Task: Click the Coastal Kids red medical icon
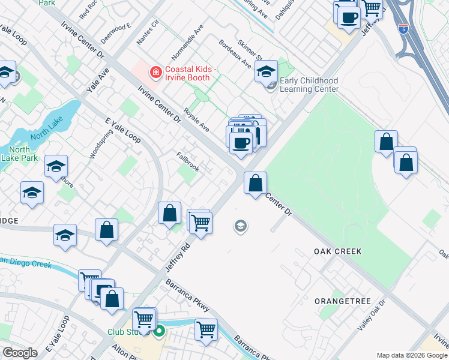[x=156, y=73]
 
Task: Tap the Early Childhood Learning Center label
[x=309, y=85]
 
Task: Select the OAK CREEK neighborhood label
[x=338, y=251]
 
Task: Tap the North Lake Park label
[x=20, y=154]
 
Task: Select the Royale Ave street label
[x=196, y=120]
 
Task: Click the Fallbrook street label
[x=188, y=162]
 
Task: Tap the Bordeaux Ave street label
[x=235, y=53]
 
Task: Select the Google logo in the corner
[x=20, y=353]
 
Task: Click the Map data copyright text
[x=411, y=355]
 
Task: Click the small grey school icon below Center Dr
[x=240, y=226]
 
